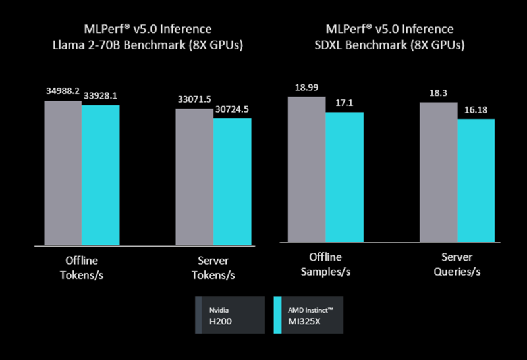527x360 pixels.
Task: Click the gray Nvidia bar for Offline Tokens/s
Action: pyautogui.click(x=63, y=173)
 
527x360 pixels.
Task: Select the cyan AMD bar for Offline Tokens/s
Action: pyautogui.click(x=100, y=175)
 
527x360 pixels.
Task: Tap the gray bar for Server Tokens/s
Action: pyautogui.click(x=194, y=177)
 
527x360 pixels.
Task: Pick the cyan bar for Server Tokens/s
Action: pyautogui.click(x=232, y=182)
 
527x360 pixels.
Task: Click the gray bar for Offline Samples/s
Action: pyautogui.click(x=306, y=168)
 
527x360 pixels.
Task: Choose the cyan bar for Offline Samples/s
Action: pyautogui.click(x=345, y=176)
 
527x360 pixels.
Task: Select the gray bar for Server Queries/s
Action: pyautogui.click(x=438, y=172)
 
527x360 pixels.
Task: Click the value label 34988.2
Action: pyautogui.click(x=63, y=91)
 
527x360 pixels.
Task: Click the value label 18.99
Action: pyautogui.click(x=306, y=88)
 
